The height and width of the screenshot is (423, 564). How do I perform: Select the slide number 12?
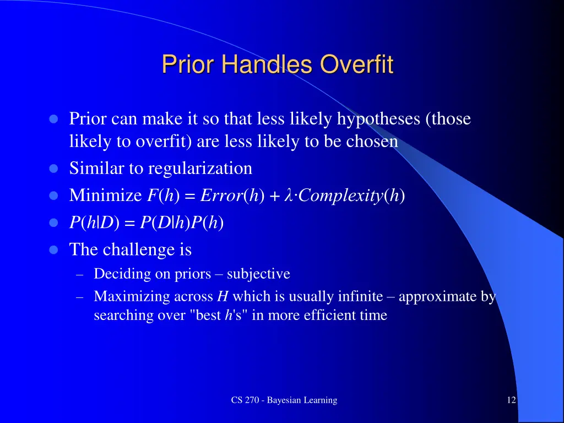pyautogui.click(x=511, y=400)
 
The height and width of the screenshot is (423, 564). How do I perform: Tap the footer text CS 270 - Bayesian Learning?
pyautogui.click(x=284, y=400)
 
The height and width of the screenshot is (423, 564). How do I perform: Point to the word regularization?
pyautogui.click(x=200, y=169)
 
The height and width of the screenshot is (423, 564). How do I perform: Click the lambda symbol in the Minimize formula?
pyautogui.click(x=287, y=196)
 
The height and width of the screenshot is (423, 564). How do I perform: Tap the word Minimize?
pyautogui.click(x=105, y=196)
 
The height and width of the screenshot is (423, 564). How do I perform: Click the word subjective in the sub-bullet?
pyautogui.click(x=258, y=274)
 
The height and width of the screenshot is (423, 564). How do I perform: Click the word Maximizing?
pyautogui.click(x=132, y=297)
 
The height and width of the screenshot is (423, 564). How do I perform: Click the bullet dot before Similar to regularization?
pyautogui.click(x=53, y=169)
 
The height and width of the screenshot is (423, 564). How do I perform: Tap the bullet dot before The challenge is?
pyautogui.click(x=53, y=250)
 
